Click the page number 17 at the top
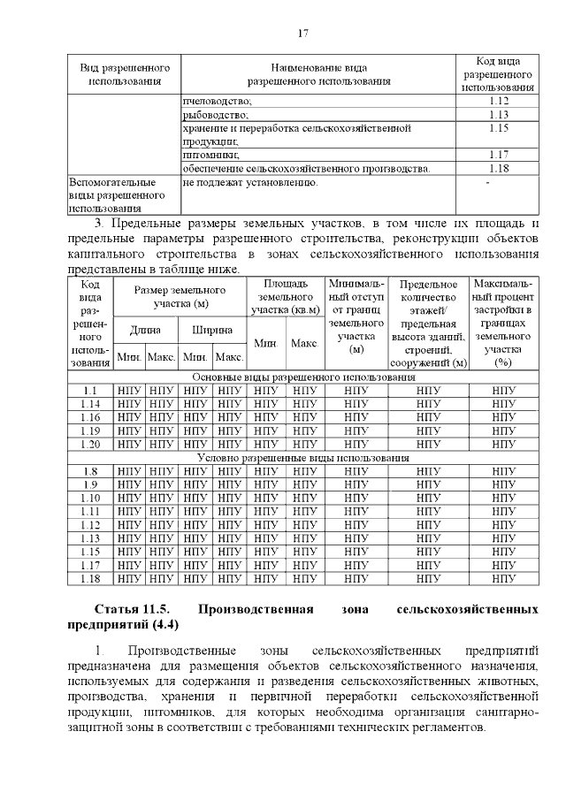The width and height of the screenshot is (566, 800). pos(302,34)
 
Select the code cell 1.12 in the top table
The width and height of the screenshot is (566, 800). pos(499,101)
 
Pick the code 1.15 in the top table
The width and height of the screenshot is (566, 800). pos(499,128)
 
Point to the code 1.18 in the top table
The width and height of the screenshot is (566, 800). pos(499,168)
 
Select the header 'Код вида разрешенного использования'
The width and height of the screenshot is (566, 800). pos(497,74)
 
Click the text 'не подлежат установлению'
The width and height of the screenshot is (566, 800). pos(250,182)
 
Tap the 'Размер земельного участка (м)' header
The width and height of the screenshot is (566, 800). pos(180,297)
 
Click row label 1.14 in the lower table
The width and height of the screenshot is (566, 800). pos(89,403)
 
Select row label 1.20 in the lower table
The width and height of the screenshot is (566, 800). pos(89,444)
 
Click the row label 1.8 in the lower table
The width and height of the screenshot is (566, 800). pos(89,471)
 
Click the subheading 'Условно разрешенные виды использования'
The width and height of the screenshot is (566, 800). pos(302,458)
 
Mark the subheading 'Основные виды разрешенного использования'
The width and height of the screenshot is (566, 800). pos(302,377)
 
